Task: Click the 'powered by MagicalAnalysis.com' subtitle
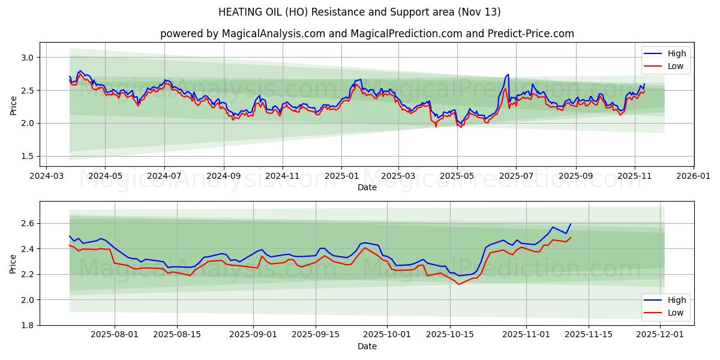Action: [367, 34]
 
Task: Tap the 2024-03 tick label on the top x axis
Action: [46, 176]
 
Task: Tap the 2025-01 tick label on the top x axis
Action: [341, 176]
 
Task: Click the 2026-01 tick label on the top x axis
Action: [694, 176]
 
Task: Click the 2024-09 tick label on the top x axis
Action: [223, 176]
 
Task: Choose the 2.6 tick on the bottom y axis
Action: [28, 223]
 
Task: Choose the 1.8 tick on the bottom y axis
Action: [28, 325]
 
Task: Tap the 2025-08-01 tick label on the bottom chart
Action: [115, 335]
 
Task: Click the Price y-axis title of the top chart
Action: [13, 104]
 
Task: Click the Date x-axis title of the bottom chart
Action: [367, 346]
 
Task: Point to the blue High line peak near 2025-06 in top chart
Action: [508, 74]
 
